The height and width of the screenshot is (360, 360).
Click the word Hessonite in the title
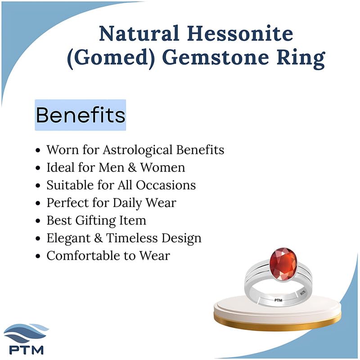click(240, 33)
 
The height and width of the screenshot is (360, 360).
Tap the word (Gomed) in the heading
click(111, 58)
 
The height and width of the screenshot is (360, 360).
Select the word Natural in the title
click(139, 33)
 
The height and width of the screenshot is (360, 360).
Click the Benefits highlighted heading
click(81, 115)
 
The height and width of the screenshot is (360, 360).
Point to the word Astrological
click(137, 150)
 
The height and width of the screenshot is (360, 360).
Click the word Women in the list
click(162, 167)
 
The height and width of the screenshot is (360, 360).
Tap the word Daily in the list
click(127, 203)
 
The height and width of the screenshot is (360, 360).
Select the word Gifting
click(95, 221)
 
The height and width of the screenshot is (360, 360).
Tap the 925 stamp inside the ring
click(303, 293)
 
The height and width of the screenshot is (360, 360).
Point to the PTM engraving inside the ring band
click(278, 300)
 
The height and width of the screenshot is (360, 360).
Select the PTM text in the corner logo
click(27, 350)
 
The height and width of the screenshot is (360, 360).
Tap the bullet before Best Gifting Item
click(38, 221)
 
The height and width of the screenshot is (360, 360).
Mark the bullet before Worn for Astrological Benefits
click(38, 150)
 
